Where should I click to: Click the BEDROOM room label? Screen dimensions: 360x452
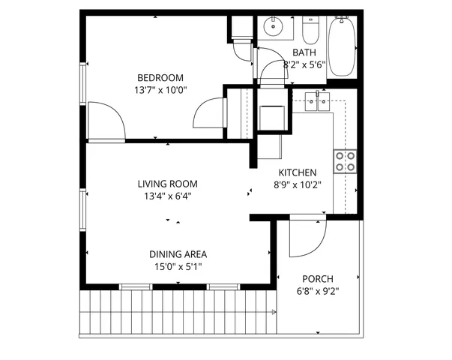click(160, 77)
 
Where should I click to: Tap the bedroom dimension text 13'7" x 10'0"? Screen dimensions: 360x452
click(160, 90)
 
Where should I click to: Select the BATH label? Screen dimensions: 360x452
click(304, 52)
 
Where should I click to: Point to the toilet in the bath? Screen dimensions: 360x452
click(310, 31)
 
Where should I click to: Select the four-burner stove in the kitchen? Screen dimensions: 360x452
click(346, 161)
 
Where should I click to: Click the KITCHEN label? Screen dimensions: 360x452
click(298, 172)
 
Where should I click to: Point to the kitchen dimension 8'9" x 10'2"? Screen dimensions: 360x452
click(298, 184)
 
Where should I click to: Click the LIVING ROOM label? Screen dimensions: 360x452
click(167, 184)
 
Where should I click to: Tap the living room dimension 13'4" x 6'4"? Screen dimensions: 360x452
click(167, 196)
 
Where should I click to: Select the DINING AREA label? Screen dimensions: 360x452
click(178, 253)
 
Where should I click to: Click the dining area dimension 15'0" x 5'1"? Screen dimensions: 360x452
click(178, 266)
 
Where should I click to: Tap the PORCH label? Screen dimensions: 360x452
click(318, 278)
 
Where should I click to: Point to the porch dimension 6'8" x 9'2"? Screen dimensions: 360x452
click(318, 291)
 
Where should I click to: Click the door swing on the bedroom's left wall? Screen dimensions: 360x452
click(105, 120)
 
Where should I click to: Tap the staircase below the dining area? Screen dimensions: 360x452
click(176, 310)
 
